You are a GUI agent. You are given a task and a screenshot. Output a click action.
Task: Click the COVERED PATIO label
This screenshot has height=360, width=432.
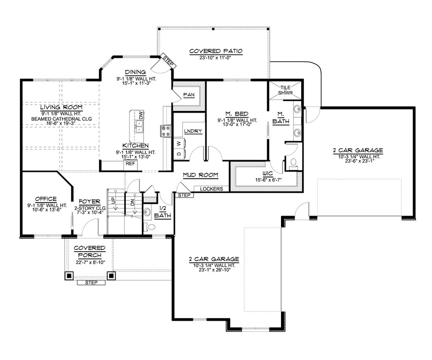(216, 51)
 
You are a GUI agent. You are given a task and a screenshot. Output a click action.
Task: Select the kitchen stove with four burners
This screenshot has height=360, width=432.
(165, 131)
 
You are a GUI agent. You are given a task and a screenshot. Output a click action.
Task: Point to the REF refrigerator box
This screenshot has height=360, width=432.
(131, 163)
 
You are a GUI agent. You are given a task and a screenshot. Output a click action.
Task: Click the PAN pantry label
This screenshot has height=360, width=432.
(189, 95)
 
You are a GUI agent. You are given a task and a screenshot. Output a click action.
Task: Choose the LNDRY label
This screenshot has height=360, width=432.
(193, 131)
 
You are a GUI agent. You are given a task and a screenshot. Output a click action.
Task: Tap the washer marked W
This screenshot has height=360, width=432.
(179, 143)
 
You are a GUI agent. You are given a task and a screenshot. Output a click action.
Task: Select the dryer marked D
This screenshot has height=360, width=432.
(179, 154)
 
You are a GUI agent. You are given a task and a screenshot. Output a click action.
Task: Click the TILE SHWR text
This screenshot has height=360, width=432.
(286, 90)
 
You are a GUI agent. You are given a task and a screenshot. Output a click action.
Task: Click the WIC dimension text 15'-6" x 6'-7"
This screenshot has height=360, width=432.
(268, 180)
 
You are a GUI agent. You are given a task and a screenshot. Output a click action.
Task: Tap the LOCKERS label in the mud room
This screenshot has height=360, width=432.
(211, 189)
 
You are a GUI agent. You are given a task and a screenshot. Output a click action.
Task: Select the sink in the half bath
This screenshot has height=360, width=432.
(147, 212)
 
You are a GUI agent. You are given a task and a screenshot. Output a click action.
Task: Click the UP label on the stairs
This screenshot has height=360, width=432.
(113, 200)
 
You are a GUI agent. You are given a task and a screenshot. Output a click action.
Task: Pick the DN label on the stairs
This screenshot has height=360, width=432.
(132, 203)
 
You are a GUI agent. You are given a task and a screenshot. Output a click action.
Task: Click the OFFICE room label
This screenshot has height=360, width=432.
(46, 199)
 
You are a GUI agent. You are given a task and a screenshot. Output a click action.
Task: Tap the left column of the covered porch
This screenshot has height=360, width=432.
(69, 275)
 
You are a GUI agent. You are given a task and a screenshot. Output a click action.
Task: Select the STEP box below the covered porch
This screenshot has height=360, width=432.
(91, 282)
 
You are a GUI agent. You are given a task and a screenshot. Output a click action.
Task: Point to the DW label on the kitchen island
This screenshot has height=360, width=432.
(141, 115)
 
